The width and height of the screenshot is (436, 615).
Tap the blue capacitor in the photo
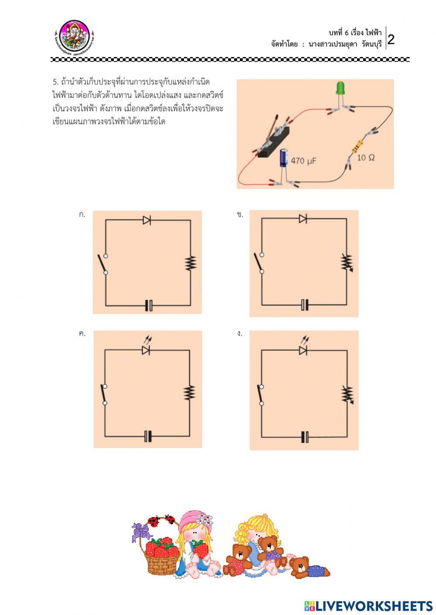click(284, 158)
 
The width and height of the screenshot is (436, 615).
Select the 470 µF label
click(303, 161)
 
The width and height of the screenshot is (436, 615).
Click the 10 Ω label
click(366, 158)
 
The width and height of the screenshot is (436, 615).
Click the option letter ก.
click(82, 214)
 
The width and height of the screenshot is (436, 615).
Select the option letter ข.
click(240, 214)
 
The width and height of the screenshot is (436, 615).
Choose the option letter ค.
click(82, 334)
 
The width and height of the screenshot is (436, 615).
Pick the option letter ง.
click(239, 334)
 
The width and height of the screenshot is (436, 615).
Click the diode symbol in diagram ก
click(147, 220)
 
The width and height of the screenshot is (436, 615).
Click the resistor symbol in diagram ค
click(189, 392)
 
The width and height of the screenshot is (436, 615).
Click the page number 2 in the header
click(391, 40)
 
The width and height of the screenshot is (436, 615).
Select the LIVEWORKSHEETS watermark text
click(368, 606)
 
